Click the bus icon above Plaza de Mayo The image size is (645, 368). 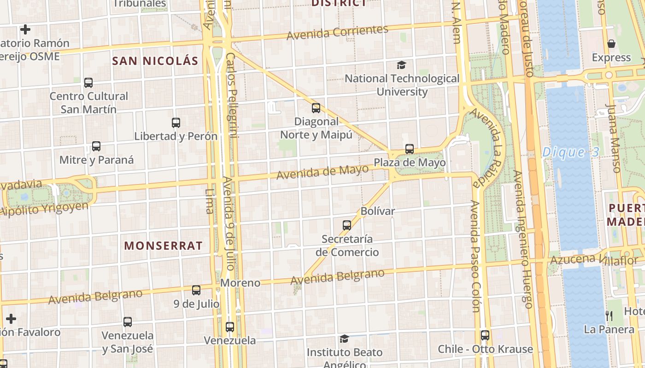click(x=410, y=149)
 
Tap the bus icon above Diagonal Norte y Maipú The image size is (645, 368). click(x=316, y=108)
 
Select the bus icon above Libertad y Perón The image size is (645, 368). click(x=176, y=123)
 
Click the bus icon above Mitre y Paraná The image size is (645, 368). click(x=96, y=146)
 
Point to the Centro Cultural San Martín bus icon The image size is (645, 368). click(x=88, y=83)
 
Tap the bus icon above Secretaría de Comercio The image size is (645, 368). click(x=347, y=225)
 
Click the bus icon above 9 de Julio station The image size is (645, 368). click(x=196, y=290)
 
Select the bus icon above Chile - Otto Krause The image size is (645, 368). click(x=485, y=335)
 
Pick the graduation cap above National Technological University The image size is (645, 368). click(x=402, y=65)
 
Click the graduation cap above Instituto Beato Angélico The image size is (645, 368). click(x=344, y=339)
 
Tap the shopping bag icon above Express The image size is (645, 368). click(x=611, y=44)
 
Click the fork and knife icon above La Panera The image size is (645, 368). click(x=609, y=316)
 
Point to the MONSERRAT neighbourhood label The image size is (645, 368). click(x=163, y=246)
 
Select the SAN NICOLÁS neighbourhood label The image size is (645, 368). click(x=155, y=61)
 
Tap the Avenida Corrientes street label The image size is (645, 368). click(x=337, y=32)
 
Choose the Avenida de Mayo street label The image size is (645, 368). click(x=322, y=172)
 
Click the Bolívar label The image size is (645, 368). click(x=378, y=211)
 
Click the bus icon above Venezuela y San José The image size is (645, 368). click(x=128, y=322)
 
